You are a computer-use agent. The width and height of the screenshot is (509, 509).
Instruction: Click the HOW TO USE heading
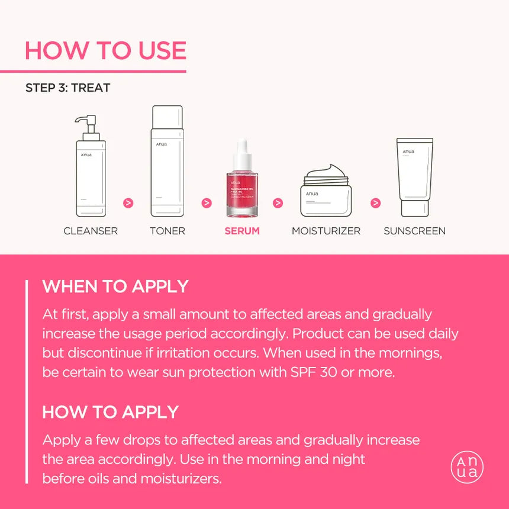pyautogui.click(x=105, y=51)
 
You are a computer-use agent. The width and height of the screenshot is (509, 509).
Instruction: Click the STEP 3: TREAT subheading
pyautogui.click(x=67, y=88)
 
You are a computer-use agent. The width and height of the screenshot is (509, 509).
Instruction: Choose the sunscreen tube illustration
pyautogui.click(x=414, y=178)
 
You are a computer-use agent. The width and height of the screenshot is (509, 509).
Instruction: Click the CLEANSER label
pyautogui.click(x=91, y=231)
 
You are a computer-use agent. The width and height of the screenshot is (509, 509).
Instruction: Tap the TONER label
pyautogui.click(x=167, y=231)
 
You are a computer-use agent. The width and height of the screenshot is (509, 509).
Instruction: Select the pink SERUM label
pyautogui.click(x=242, y=231)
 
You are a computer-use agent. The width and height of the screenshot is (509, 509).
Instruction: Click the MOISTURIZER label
pyautogui.click(x=326, y=231)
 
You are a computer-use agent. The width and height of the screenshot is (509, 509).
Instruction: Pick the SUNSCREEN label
pyautogui.click(x=414, y=231)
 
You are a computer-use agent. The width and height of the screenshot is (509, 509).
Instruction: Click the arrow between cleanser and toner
pyautogui.click(x=128, y=203)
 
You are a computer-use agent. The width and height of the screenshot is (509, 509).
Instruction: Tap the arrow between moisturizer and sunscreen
pyautogui.click(x=375, y=203)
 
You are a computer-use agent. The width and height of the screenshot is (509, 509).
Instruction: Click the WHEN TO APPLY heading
pyautogui.click(x=115, y=286)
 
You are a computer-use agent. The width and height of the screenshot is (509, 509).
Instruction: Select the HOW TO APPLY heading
pyautogui.click(x=111, y=412)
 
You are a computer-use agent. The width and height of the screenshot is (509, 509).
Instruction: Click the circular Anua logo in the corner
pyautogui.click(x=467, y=467)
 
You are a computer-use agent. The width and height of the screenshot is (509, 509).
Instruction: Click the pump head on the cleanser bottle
pyautogui.click(x=86, y=121)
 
